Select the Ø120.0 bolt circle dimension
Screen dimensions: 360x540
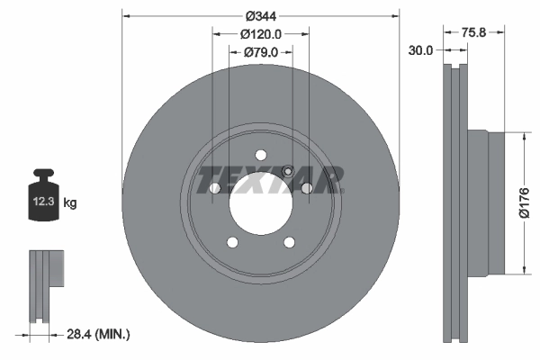pos(261,34)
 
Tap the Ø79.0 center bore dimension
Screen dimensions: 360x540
pos(261,52)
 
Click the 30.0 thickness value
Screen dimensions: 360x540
pos(420,50)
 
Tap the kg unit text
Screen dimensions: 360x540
pos(71,203)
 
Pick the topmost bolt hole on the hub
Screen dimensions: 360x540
pos(261,153)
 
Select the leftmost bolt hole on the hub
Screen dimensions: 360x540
pos(215,187)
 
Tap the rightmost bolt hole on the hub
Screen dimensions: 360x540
pos(307,187)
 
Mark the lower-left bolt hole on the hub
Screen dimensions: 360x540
pos(232,242)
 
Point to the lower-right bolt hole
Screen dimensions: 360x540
pos(289,242)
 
